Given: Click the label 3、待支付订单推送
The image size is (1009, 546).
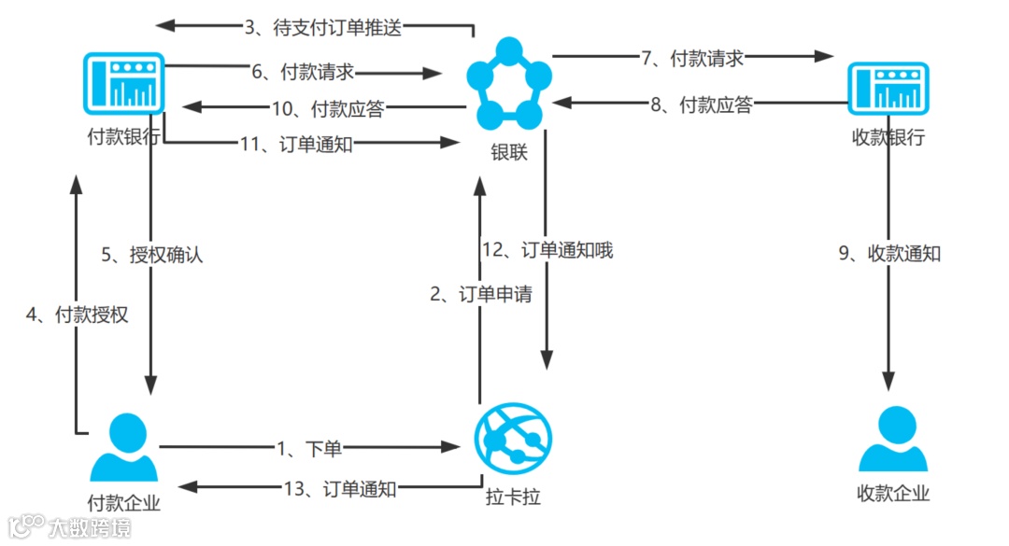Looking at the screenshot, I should [x=322, y=27].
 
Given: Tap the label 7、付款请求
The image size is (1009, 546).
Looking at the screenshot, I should [x=692, y=58].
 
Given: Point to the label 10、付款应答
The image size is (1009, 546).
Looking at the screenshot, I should [x=327, y=108].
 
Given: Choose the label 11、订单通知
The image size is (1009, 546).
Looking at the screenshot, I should [x=296, y=144].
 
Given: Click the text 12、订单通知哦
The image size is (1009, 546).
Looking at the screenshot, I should [x=547, y=250].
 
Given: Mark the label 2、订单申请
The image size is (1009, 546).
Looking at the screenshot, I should [x=480, y=294].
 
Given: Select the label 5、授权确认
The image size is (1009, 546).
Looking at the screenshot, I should [x=151, y=255].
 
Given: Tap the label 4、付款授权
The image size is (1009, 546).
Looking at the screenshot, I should [x=77, y=315].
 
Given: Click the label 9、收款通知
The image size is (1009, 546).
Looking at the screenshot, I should [x=889, y=253].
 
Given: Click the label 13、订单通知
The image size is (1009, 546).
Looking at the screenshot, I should [x=340, y=488].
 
